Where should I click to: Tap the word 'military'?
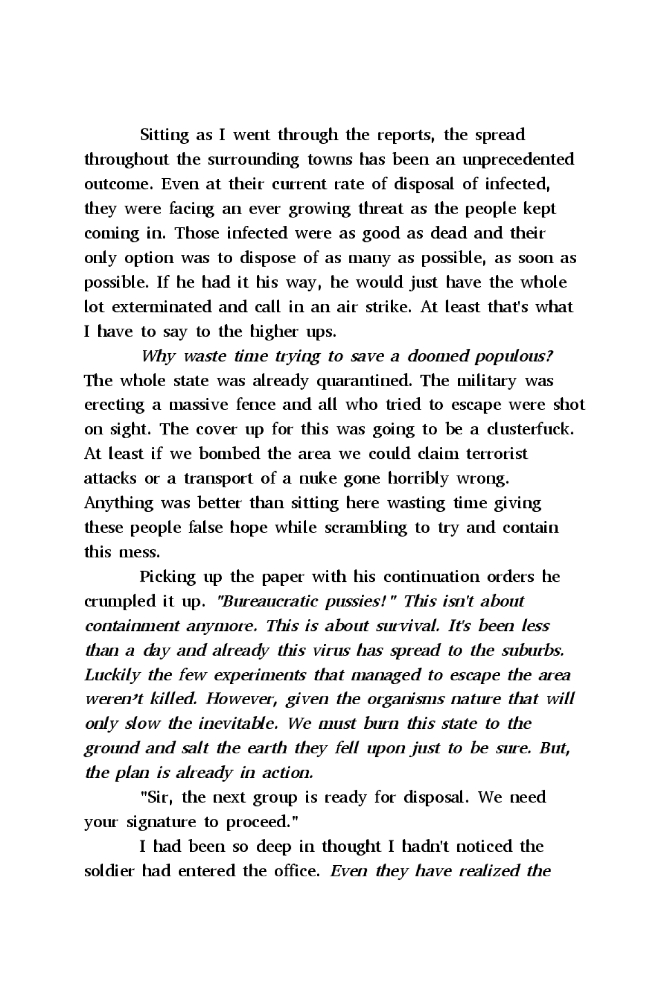pos(487,381)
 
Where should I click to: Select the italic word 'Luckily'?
pos(112,675)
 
